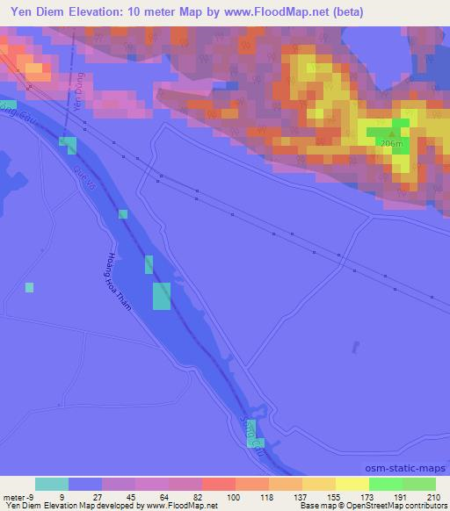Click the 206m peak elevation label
pyautogui.click(x=391, y=143)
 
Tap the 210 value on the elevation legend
pyautogui.click(x=436, y=497)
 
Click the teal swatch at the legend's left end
pyautogui.click(x=52, y=484)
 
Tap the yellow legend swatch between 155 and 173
pyautogui.click(x=352, y=484)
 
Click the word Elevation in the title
pyautogui.click(x=97, y=12)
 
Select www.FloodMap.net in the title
pyautogui.click(x=272, y=12)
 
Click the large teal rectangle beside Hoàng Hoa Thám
pyautogui.click(x=162, y=296)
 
